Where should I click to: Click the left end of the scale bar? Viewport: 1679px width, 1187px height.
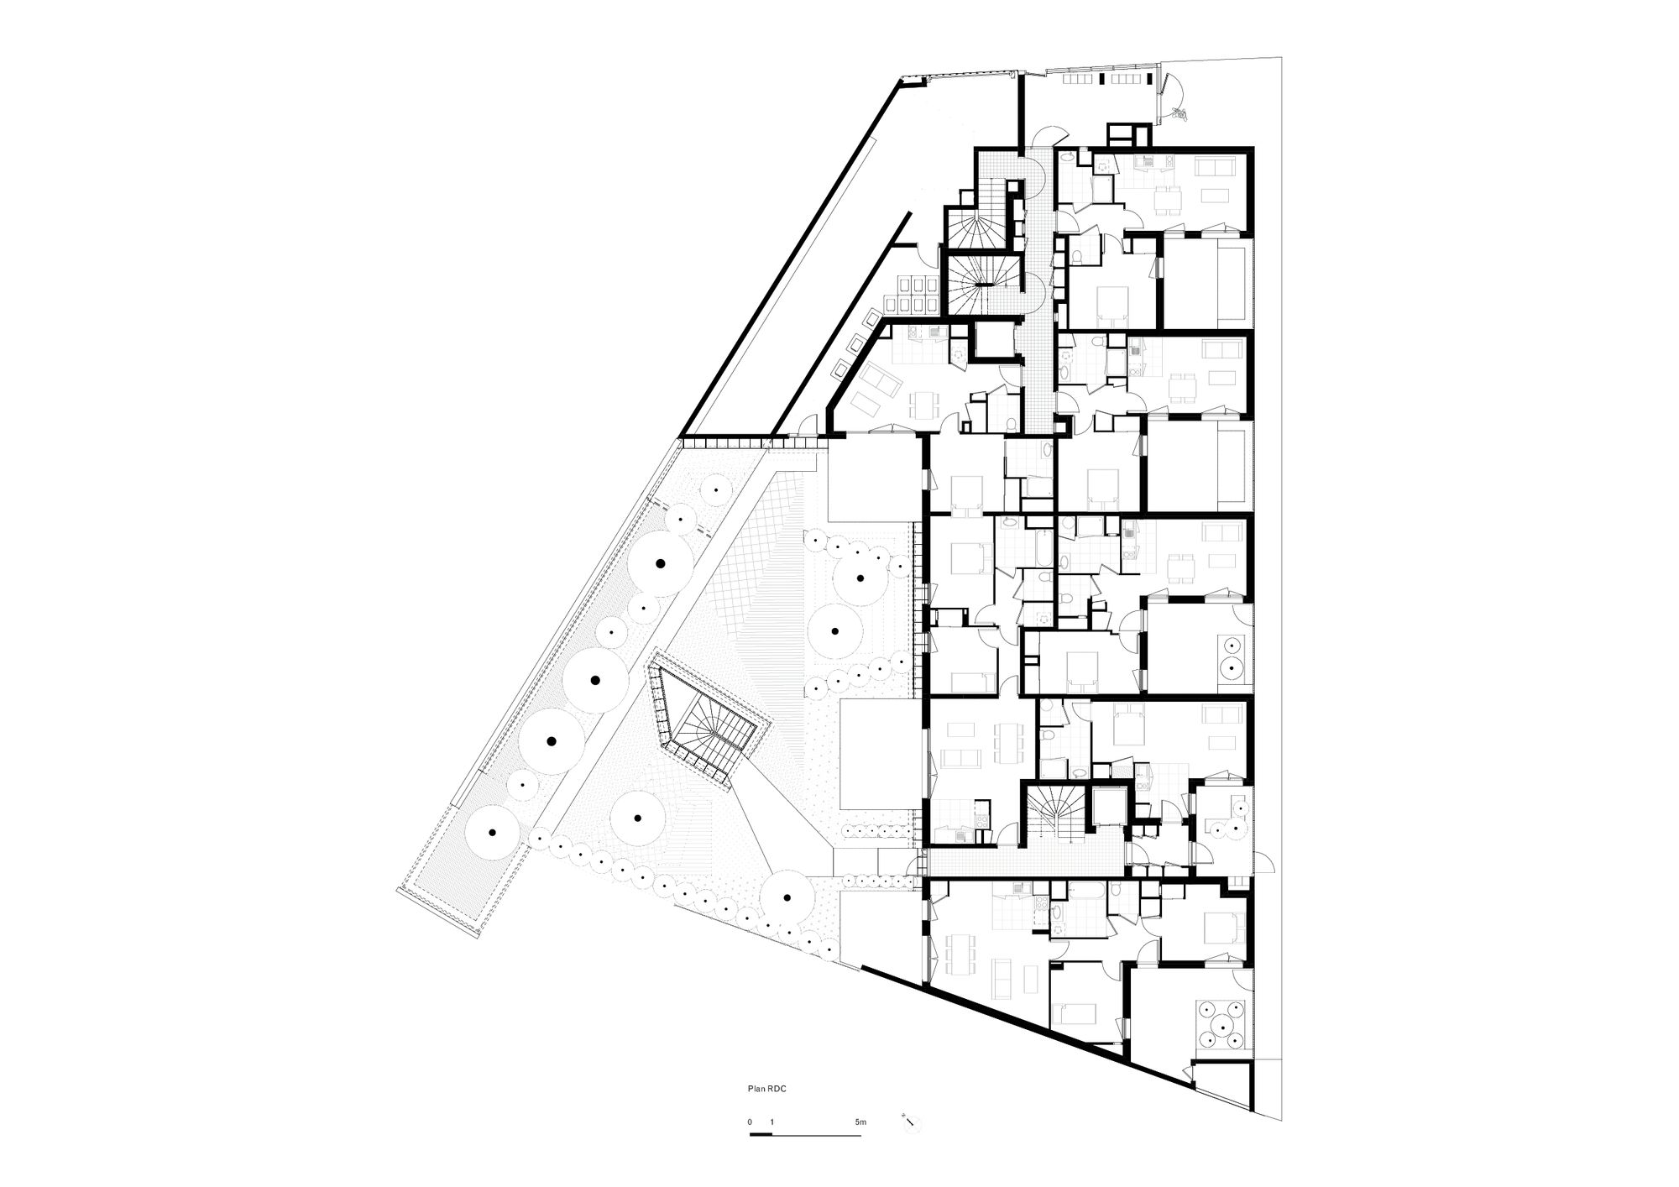pos(750,1135)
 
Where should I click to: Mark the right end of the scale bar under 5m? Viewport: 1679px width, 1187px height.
pos(860,1135)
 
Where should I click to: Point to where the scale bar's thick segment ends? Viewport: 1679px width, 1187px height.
pos(772,1135)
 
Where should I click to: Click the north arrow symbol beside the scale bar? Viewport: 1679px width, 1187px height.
pos(909,1121)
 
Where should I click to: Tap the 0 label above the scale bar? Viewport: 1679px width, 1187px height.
pos(751,1122)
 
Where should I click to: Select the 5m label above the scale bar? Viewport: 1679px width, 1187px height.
pos(860,1122)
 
